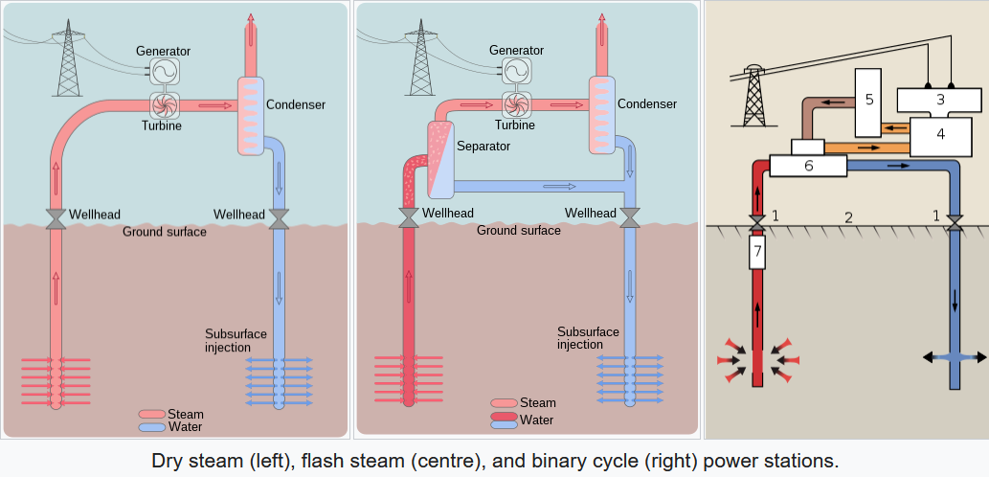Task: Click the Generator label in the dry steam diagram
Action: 163,51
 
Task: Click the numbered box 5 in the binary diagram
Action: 868,101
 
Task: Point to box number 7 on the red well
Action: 757,254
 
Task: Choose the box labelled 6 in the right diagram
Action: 808,166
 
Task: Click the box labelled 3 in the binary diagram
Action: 939,99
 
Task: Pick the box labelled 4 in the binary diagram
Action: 940,134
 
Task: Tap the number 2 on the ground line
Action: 848,216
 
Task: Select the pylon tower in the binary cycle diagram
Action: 754,98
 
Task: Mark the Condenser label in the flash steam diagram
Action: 647,104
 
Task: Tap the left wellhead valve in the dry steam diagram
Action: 56,218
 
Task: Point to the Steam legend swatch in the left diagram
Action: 152,415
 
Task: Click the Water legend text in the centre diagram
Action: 536,420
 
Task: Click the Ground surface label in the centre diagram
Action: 518,231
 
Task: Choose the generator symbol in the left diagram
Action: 163,71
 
